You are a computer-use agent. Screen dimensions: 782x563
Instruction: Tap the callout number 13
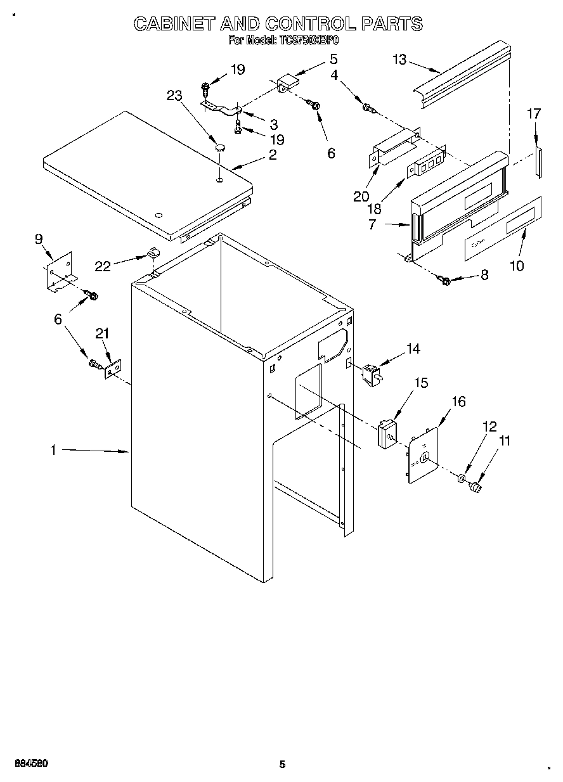coord(399,60)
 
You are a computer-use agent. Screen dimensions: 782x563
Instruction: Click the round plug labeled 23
coord(220,148)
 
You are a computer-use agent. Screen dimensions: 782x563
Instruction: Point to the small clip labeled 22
coord(153,252)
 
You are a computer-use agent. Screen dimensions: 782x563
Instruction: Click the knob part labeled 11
coord(476,487)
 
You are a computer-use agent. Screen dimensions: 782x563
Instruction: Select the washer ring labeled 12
coord(461,477)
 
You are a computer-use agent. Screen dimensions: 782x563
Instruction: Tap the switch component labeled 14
coord(370,374)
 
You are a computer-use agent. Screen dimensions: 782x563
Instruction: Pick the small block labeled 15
coord(385,434)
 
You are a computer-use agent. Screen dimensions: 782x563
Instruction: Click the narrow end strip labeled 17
coord(538,162)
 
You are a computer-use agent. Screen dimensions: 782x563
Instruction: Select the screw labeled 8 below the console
coord(444,279)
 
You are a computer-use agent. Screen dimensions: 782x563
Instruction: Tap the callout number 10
coord(517,265)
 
